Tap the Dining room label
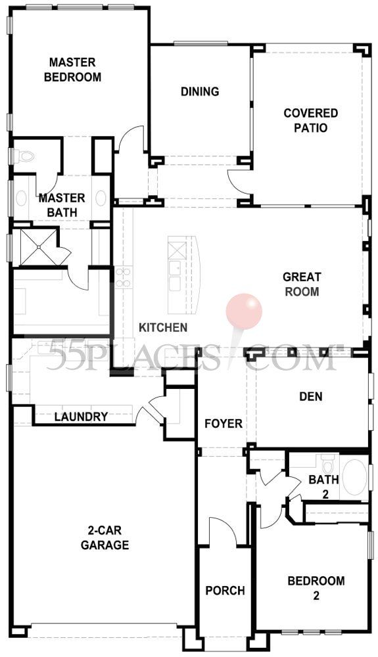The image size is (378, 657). tap(200, 91)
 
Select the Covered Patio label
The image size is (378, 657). tap(310, 120)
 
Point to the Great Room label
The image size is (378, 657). tap(302, 284)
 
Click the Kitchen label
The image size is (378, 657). tap(163, 327)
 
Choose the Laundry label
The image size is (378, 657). tap(82, 417)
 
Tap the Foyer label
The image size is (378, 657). tap(224, 424)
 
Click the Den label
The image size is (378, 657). tap(311, 396)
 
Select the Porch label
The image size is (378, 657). tap(225, 591)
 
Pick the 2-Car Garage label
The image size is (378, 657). tap(105, 537)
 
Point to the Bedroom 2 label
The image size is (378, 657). tap(316, 587)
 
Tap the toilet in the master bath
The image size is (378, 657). tap(24, 157)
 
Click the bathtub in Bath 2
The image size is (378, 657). tap(354, 478)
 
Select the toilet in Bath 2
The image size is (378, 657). tap(328, 463)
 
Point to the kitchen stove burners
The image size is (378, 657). tap(124, 277)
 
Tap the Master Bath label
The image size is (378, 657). tap(62, 205)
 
